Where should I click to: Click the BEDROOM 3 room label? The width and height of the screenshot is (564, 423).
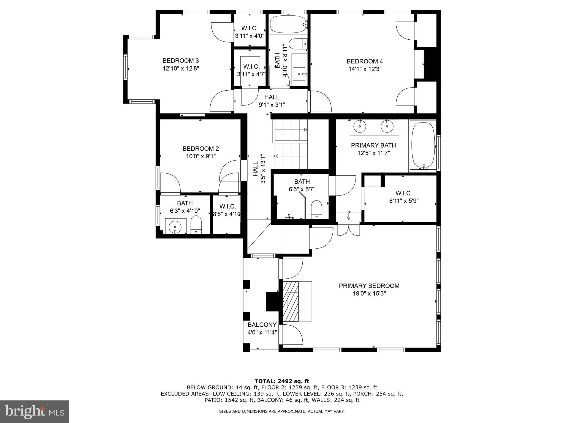coord(180,61)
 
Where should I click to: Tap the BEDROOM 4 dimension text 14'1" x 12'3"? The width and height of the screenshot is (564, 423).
coord(365,69)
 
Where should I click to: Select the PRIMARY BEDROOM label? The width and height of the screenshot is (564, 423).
coord(369,286)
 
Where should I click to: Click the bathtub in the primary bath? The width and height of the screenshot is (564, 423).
coord(423,146)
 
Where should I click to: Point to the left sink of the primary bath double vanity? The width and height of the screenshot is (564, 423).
coord(360,126)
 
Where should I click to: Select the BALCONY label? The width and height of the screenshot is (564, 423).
coord(262,325)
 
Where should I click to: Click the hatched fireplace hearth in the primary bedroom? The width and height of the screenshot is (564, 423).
coord(291,301)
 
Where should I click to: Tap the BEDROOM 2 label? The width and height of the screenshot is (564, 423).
coord(200,149)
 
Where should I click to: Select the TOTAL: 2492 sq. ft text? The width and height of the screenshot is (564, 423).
coord(282,381)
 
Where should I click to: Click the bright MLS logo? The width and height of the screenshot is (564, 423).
coord(34,411)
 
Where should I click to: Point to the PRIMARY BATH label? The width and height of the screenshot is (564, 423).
coord(373,145)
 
